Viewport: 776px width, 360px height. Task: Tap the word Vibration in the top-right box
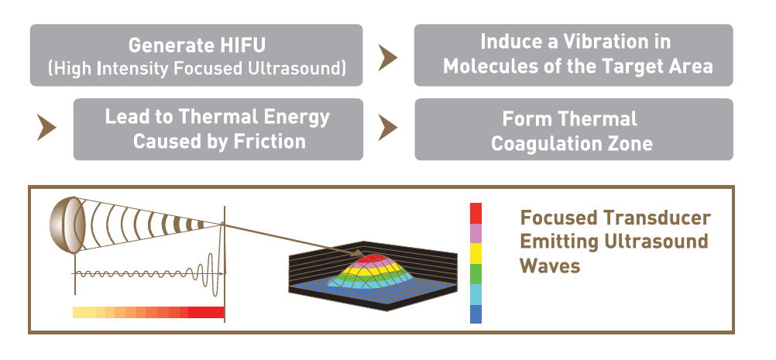(x=603, y=42)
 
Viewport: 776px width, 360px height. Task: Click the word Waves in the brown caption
(x=550, y=266)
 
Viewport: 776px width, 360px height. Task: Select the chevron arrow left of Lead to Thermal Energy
(x=46, y=128)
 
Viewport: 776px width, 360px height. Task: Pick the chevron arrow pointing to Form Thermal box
(x=387, y=128)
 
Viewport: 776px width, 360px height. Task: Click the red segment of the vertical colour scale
(x=476, y=213)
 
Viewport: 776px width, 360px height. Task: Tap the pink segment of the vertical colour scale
(x=476, y=233)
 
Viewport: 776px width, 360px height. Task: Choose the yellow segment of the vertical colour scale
(x=476, y=253)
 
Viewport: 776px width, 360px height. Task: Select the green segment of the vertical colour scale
(x=476, y=274)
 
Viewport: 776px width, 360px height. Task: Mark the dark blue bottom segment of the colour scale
(x=476, y=314)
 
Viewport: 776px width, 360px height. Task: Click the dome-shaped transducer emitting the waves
(x=64, y=225)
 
